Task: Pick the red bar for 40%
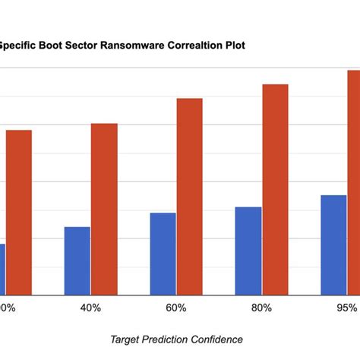(x=104, y=209)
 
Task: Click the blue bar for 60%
(x=163, y=254)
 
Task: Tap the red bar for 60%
(x=190, y=196)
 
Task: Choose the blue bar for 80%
(x=248, y=251)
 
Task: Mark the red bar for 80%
(x=276, y=189)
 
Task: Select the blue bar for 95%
(x=333, y=245)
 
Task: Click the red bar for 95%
(x=354, y=182)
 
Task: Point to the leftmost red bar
(x=19, y=212)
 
